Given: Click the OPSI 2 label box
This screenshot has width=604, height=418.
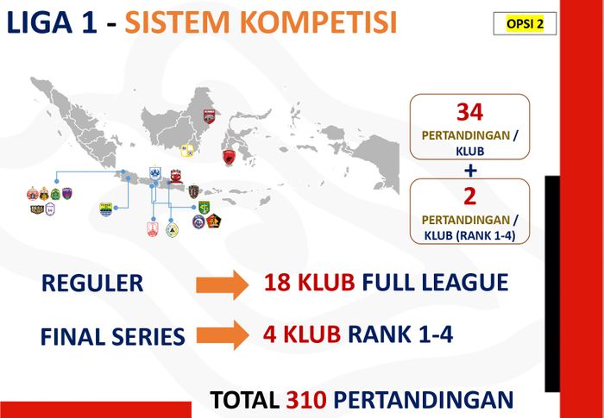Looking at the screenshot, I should [x=525, y=23].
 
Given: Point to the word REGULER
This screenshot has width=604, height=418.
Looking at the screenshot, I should [x=92, y=284].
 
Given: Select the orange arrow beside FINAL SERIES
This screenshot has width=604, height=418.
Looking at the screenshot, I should [x=223, y=335].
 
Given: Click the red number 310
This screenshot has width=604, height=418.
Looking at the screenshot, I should [x=305, y=400].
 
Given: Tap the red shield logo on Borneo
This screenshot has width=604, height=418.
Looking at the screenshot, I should [x=209, y=115].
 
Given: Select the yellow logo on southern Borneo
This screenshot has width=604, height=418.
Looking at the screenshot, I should [x=186, y=151].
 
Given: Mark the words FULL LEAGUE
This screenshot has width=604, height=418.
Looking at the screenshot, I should [x=435, y=283].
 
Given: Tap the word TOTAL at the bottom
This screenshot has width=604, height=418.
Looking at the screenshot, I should [x=244, y=400].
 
